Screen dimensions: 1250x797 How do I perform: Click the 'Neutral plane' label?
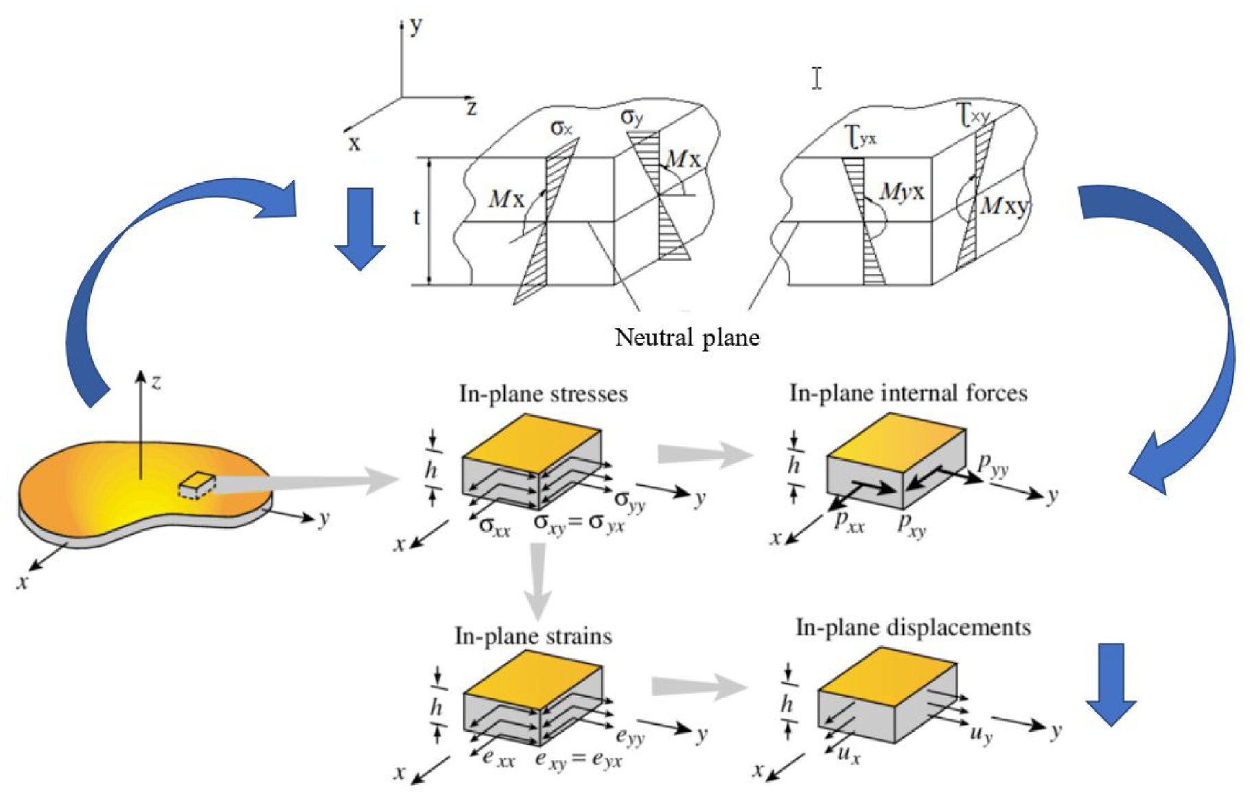pyautogui.click(x=687, y=337)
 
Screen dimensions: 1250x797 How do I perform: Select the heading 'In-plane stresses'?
pyautogui.click(x=543, y=394)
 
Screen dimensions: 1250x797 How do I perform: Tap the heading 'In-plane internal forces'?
pyautogui.click(x=908, y=393)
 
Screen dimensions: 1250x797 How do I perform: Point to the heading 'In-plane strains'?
pyautogui.click(x=533, y=636)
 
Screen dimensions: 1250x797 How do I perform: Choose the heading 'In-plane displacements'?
pyautogui.click(x=913, y=627)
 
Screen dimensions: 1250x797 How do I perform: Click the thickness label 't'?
pyautogui.click(x=416, y=217)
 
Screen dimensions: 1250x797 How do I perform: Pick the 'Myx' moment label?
pyautogui.click(x=902, y=192)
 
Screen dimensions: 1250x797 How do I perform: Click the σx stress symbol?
pyautogui.click(x=561, y=128)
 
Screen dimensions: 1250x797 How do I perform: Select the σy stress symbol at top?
pyautogui.click(x=632, y=117)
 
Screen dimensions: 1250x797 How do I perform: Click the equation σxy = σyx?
pyautogui.click(x=579, y=523)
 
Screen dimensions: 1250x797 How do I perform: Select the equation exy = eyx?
pyautogui.click(x=578, y=760)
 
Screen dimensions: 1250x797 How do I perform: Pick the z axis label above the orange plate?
pyautogui.click(x=157, y=382)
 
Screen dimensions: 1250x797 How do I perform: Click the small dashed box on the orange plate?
pyautogui.click(x=197, y=485)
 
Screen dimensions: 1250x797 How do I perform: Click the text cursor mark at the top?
pyautogui.click(x=816, y=78)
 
